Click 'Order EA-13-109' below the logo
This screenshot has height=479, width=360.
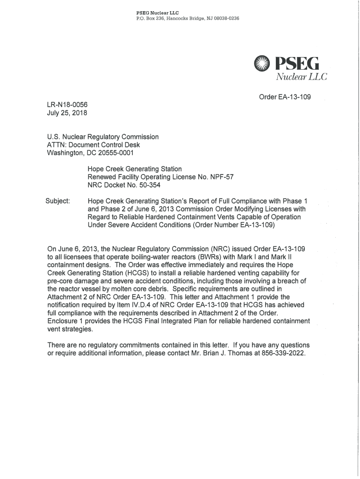click(x=285, y=97)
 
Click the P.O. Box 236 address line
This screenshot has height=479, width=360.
click(x=187, y=18)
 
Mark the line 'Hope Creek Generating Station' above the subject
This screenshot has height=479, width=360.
click(x=135, y=169)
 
